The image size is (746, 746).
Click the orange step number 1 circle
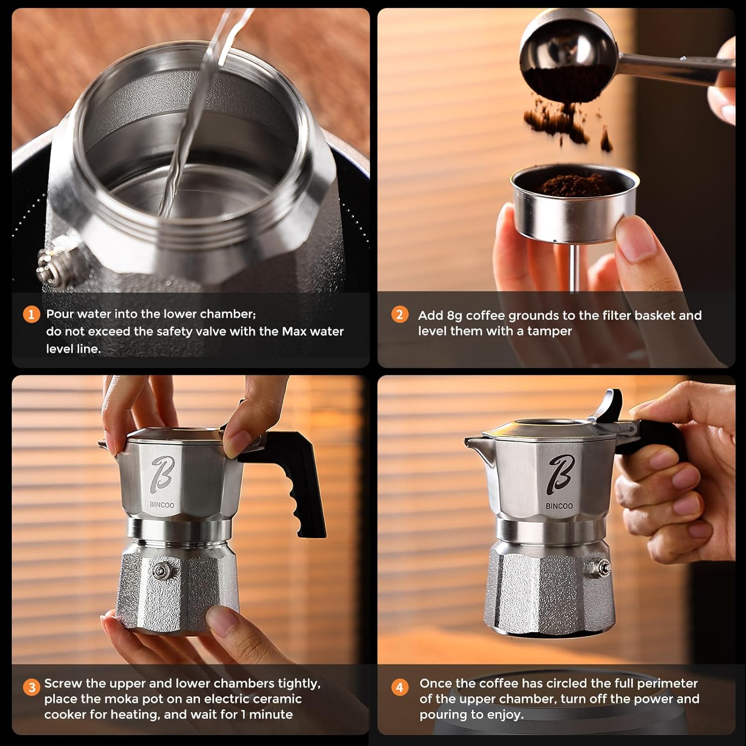pyautogui.click(x=31, y=314)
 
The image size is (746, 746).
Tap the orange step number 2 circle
pyautogui.click(x=399, y=315)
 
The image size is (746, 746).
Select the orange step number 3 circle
pyautogui.click(x=32, y=687)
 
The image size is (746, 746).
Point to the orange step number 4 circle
pyautogui.click(x=399, y=687)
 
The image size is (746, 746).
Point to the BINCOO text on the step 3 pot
pyautogui.click(x=162, y=505)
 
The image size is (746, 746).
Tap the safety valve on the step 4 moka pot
pyautogui.click(x=601, y=567)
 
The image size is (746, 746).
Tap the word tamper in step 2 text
pyautogui.click(x=550, y=331)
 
